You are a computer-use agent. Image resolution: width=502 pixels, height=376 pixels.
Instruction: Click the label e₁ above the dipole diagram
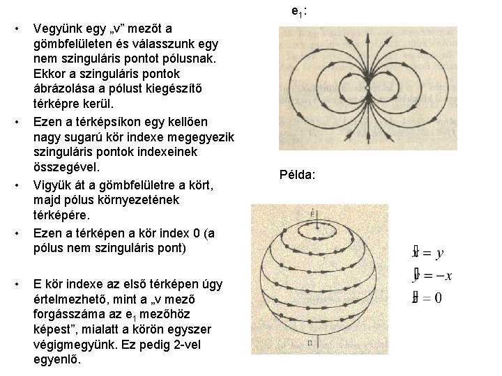[300, 11]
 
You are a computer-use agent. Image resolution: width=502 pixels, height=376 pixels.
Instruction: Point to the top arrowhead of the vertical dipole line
[367, 34]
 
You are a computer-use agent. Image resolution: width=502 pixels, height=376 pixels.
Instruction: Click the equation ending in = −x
[432, 276]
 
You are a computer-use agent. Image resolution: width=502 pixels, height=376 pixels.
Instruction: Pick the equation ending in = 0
[427, 298]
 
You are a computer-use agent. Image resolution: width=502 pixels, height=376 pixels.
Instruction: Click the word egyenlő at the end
[57, 361]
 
